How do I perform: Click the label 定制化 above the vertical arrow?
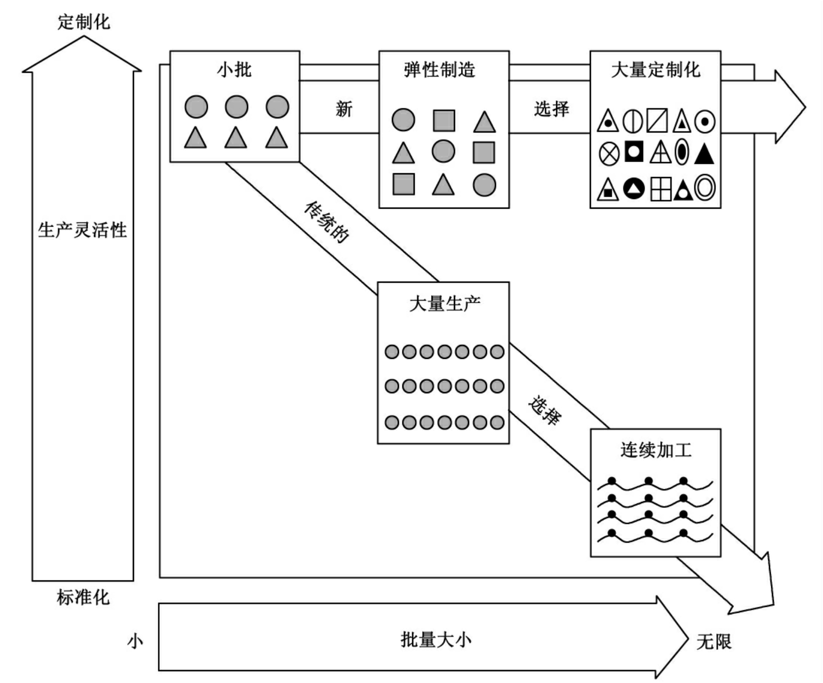(84, 22)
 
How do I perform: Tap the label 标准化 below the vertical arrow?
(83, 597)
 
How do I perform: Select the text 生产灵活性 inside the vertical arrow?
(83, 230)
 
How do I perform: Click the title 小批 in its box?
(235, 70)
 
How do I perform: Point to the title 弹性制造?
(440, 70)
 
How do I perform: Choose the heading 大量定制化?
(656, 70)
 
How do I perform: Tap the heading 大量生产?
(445, 304)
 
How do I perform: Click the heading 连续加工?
(656, 450)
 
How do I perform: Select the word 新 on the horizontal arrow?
(344, 109)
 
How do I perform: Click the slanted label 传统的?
(326, 222)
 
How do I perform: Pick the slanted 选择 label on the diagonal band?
(544, 410)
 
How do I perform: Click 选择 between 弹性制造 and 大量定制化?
(552, 109)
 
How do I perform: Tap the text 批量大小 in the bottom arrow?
(436, 640)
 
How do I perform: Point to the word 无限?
(714, 642)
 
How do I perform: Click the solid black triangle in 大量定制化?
(704, 153)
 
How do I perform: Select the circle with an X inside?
(609, 154)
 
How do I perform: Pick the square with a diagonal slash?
(657, 121)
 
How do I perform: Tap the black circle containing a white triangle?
(634, 188)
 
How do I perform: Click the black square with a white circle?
(634, 152)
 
